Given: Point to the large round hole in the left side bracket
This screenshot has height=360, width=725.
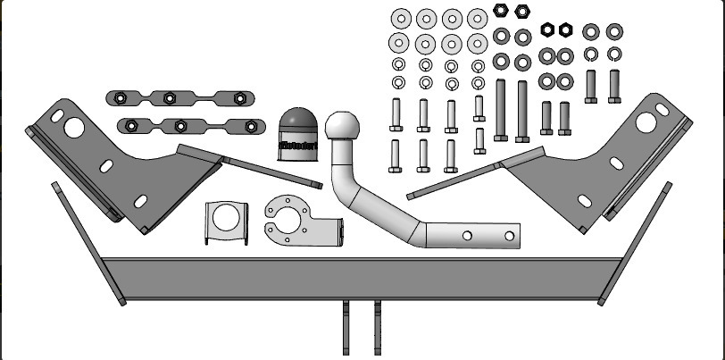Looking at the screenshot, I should (73, 126).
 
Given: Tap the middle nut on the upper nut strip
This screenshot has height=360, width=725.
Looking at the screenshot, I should (167, 97).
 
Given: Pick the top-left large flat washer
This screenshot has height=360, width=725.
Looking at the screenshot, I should (399, 19).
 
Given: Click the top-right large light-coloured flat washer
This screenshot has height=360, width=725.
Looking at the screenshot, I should (479, 19).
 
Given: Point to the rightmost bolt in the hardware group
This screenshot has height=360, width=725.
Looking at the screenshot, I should (613, 86).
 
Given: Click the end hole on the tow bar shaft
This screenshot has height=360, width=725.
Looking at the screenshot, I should (509, 237).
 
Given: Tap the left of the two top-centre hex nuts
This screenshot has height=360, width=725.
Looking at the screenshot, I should (502, 12).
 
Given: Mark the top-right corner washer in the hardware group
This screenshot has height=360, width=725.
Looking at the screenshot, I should (613, 32).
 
